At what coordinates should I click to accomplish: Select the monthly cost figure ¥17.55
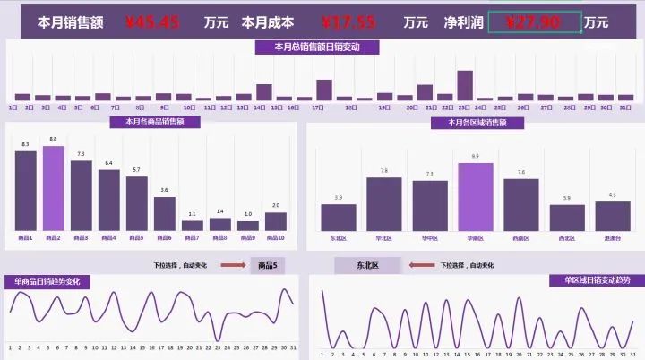point(348,22)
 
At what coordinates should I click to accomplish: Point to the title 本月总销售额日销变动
point(317,47)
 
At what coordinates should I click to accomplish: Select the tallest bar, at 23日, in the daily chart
point(464,85)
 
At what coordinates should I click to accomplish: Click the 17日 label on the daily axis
point(317,107)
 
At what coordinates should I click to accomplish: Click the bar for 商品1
point(26,191)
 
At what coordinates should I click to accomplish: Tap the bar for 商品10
point(276,221)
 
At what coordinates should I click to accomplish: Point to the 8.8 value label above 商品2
point(54,140)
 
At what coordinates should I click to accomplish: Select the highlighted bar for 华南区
point(475,197)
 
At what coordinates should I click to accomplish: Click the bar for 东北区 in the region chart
point(338,218)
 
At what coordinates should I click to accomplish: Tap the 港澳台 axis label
point(612,238)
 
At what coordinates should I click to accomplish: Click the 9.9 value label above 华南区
point(475,157)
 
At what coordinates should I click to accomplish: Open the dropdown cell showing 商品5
point(267,266)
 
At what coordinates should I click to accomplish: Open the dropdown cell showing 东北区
point(366,266)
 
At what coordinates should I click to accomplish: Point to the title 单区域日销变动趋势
point(597,280)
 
